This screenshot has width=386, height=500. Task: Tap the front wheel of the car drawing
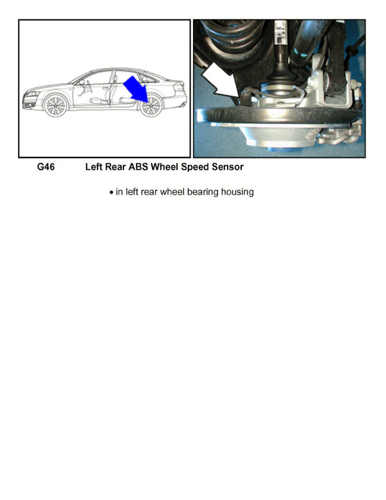pyautogui.click(x=56, y=106)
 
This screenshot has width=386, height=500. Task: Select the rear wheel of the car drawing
pyautogui.click(x=151, y=106)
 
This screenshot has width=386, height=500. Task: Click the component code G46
pyautogui.click(x=46, y=167)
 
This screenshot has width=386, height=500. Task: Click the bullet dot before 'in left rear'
pyautogui.click(x=111, y=193)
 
